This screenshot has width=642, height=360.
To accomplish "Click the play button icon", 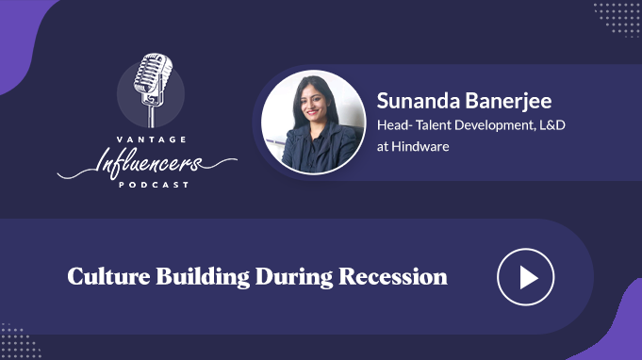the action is click(x=526, y=277).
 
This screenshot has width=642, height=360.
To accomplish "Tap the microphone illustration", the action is click(x=153, y=90).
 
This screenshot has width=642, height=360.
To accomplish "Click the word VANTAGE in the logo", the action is click(x=152, y=139).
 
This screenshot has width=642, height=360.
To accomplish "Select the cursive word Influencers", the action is click(x=147, y=163).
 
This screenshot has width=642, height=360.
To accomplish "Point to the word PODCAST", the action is click(x=154, y=185).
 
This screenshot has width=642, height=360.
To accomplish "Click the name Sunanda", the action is click(x=418, y=101).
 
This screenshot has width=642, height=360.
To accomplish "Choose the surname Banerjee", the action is click(x=508, y=102).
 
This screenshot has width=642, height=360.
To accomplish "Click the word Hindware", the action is click(x=420, y=146).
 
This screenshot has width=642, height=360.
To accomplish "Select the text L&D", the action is click(x=551, y=124).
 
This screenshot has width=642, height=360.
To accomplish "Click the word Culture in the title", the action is click(x=108, y=276).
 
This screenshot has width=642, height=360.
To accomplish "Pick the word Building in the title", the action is click(x=203, y=277).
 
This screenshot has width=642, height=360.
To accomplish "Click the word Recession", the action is click(x=393, y=277).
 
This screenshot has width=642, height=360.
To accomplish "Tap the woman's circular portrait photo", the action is click(x=313, y=123).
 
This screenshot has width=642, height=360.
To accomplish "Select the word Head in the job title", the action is click(x=393, y=124).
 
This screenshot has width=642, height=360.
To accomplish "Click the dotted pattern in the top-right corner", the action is click(x=617, y=20).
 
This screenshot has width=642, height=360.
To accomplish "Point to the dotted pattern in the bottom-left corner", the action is click(x=20, y=341).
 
